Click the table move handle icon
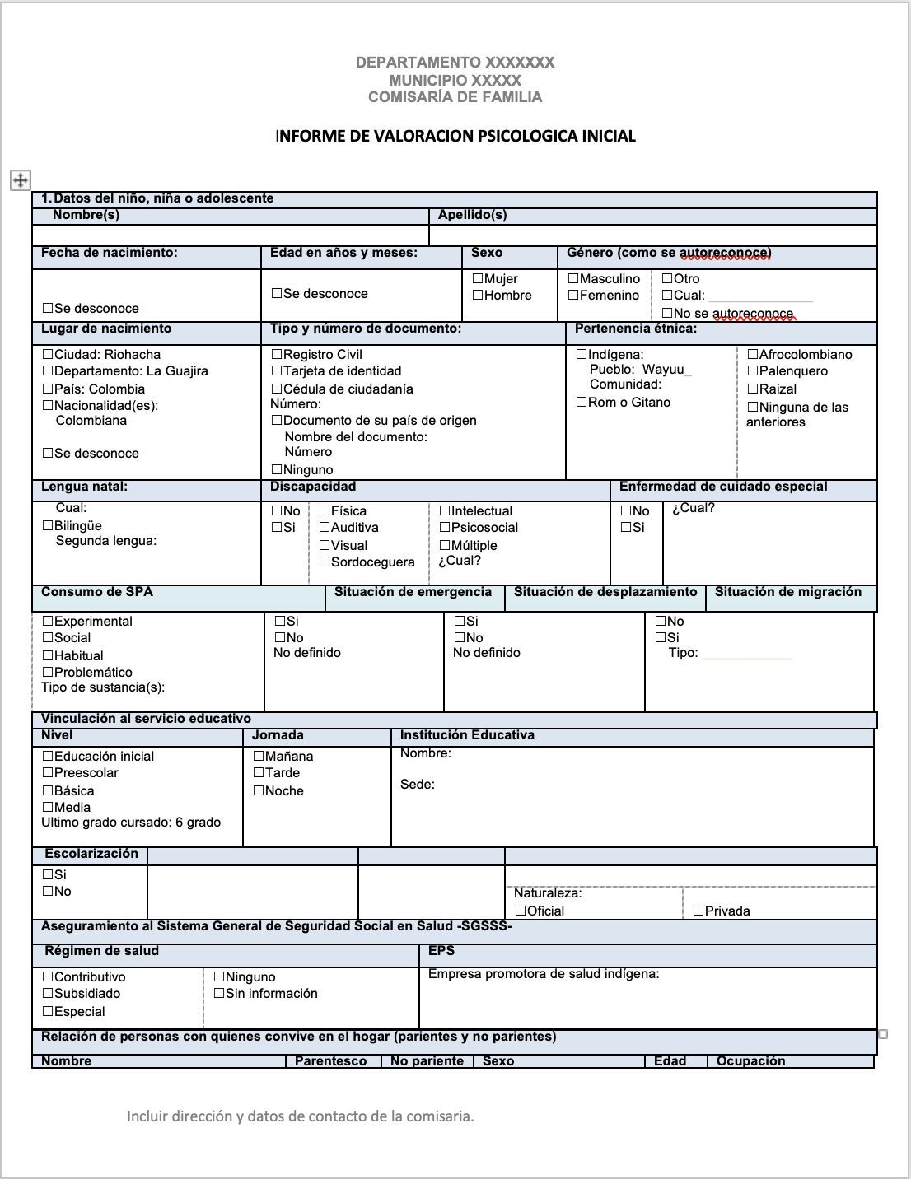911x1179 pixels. point(20,180)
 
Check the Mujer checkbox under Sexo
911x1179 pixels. point(478,279)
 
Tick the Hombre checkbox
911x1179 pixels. point(478,296)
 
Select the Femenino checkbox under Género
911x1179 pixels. point(573,296)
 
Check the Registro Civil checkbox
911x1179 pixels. point(277,355)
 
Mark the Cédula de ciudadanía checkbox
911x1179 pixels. point(277,389)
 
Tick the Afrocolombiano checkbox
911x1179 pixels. point(752,355)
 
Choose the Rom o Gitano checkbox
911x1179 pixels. point(582,403)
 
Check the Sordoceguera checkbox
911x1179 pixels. point(325,562)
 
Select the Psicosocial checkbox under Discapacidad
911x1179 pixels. point(445,528)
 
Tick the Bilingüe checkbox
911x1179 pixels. point(48,526)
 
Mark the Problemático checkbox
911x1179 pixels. point(48,673)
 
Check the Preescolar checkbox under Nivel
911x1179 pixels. point(48,773)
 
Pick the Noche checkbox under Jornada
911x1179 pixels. point(259,791)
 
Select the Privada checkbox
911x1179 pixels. point(698,911)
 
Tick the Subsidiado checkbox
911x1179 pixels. point(48,994)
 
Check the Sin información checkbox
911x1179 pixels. point(219,994)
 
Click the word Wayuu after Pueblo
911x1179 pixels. point(663,370)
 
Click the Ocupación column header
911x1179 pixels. point(750,1061)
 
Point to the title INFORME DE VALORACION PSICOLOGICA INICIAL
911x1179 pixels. point(455,136)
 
